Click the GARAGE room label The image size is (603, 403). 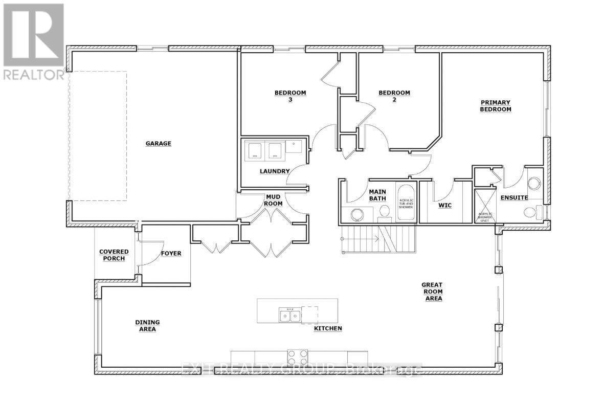(x=158, y=144)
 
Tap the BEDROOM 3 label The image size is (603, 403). (x=290, y=96)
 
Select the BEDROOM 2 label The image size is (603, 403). (x=394, y=96)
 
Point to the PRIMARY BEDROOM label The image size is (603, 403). (x=495, y=106)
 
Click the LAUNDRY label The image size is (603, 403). (x=274, y=171)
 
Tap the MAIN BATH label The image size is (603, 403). (x=377, y=195)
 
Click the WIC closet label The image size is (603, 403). (x=444, y=206)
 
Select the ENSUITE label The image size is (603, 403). (x=514, y=197)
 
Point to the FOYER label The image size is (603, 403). (x=171, y=253)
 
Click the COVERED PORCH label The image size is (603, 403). (x=114, y=255)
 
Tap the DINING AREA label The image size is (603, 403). (x=147, y=326)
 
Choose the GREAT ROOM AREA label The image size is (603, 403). (x=432, y=292)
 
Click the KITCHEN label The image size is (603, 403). (x=328, y=328)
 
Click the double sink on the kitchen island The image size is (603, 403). (x=289, y=316)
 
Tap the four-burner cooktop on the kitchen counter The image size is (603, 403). (x=297, y=357)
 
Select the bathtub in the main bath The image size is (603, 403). (x=406, y=203)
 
